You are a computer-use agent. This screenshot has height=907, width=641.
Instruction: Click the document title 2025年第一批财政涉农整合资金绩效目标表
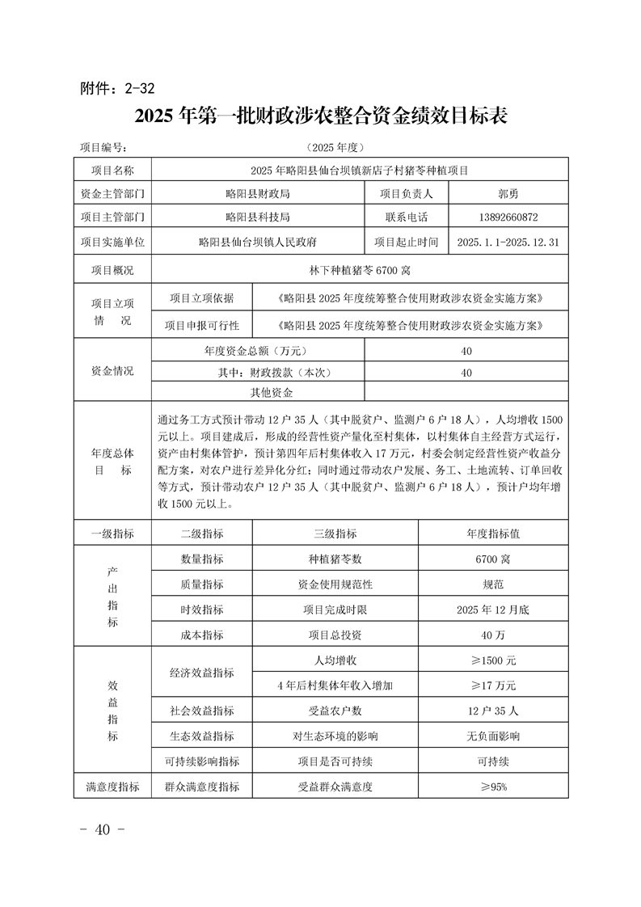tap(321, 116)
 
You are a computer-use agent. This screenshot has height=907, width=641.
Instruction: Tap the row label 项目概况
tap(112, 270)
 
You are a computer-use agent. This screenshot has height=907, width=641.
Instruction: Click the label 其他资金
tap(271, 393)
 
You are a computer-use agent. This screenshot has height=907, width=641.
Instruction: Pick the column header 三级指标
tap(335, 534)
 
